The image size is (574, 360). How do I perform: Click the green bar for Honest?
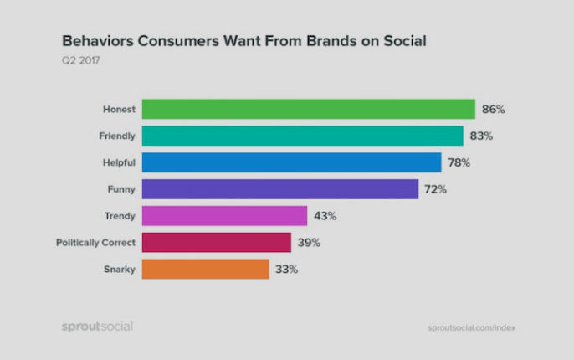coord(308,109)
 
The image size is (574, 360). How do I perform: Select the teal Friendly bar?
coord(302,136)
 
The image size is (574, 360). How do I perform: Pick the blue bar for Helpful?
coord(291,162)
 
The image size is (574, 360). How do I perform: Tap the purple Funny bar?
coord(279,189)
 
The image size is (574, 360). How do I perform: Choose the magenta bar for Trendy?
coord(224,216)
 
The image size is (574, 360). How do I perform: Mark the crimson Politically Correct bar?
coord(216,243)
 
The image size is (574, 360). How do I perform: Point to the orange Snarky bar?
coord(205,269)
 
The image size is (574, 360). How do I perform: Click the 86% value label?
coord(494,109)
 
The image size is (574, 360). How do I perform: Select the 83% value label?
coord(481,136)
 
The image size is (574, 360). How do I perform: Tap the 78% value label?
coord(459,162)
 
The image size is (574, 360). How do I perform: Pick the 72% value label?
coord(436,189)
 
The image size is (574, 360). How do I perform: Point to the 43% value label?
coord(325,216)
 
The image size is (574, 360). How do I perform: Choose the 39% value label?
coord(309,243)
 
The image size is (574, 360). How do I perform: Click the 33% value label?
coord(287,270)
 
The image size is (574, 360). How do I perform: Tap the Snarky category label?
coord(120,270)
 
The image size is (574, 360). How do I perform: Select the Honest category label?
coord(119,109)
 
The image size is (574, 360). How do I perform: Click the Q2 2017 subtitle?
coord(81,60)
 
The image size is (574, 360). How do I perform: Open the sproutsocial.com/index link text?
coord(471,327)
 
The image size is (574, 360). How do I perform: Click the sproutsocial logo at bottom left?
coord(97,326)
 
